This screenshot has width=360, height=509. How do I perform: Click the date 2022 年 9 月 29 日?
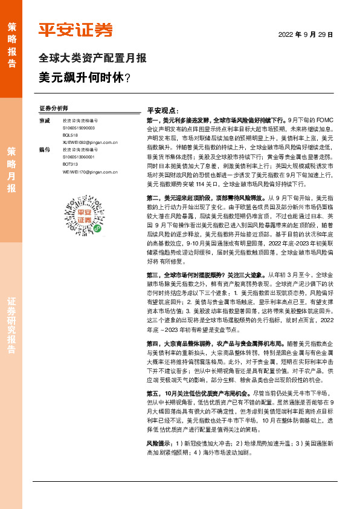(x=306, y=35)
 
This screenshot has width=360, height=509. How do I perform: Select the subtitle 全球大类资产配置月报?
(x=92, y=59)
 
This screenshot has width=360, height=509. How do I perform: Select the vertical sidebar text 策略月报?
(x=11, y=170)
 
